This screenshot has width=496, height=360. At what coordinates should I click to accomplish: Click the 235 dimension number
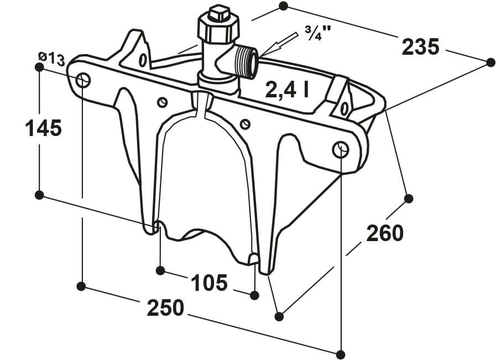tap(420, 47)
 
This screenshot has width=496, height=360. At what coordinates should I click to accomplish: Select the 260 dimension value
tap(385, 234)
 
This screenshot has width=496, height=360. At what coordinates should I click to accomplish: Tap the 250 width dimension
tap(165, 307)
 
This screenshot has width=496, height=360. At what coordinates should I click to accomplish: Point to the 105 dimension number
tap(209, 283)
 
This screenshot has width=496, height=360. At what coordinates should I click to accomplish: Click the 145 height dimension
tap(43, 129)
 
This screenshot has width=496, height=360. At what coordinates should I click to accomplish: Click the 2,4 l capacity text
tap(286, 90)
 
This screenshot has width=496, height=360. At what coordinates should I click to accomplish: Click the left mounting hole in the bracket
tap(83, 80)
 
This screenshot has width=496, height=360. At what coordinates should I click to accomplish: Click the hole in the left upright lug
tap(143, 60)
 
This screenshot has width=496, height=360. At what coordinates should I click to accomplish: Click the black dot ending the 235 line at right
tap(490, 62)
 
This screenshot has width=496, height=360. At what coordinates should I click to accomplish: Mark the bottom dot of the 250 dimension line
tap(341, 354)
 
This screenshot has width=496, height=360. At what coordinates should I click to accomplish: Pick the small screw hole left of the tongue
tap(162, 102)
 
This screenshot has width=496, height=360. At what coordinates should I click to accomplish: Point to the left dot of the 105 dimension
tap(160, 270)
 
